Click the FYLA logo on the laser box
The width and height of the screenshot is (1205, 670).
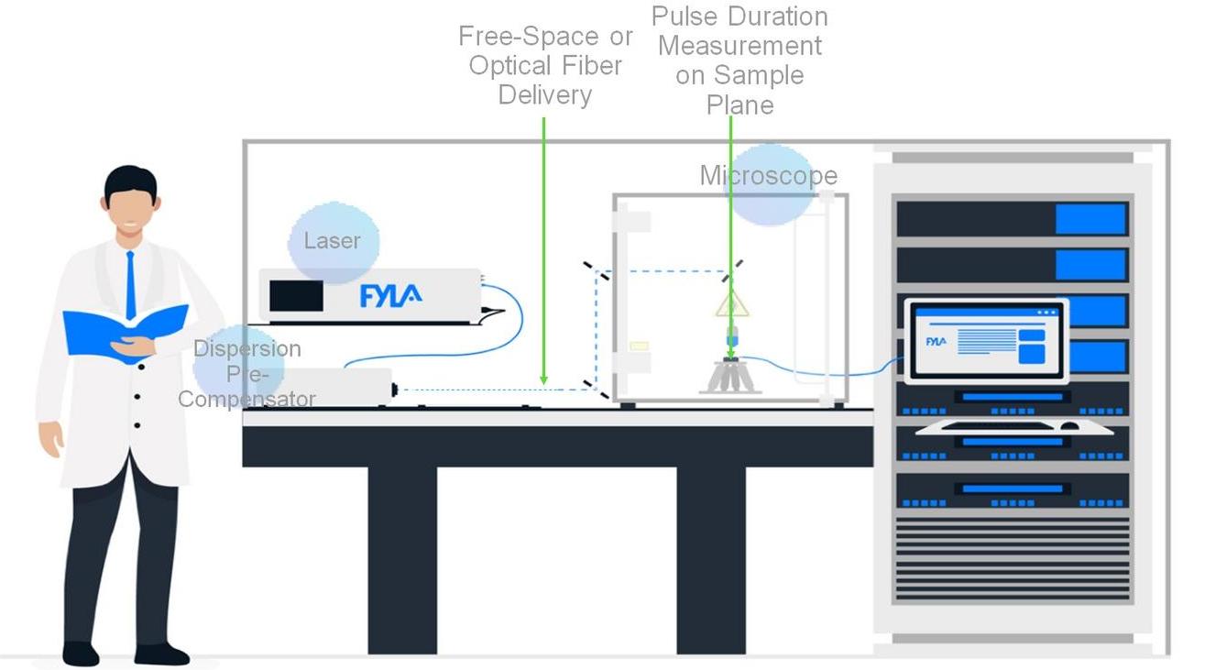(x=390, y=295)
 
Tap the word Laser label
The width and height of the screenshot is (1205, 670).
(x=332, y=241)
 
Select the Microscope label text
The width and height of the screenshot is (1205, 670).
(x=768, y=175)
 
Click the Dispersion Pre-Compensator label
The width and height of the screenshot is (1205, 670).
(x=246, y=374)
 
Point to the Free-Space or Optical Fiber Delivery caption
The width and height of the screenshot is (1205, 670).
(x=545, y=66)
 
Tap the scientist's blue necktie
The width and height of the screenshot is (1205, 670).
(x=131, y=283)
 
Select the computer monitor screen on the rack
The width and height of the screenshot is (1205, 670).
(x=986, y=340)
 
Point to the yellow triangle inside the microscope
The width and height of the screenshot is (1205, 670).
(x=732, y=304)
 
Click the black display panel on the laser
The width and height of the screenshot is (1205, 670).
(x=296, y=295)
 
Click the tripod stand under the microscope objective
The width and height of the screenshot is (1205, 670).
(x=730, y=377)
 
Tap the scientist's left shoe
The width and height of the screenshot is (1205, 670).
(x=81, y=653)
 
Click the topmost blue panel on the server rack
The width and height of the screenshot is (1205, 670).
(x=1090, y=219)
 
